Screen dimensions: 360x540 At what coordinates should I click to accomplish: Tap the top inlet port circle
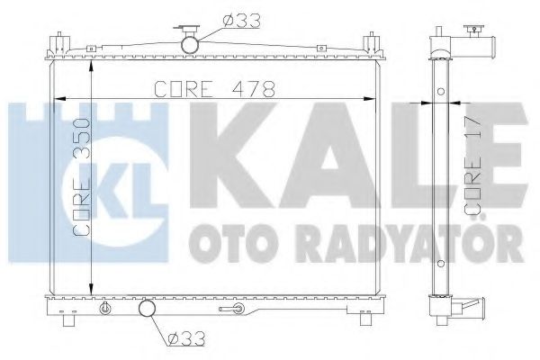pos(191,43)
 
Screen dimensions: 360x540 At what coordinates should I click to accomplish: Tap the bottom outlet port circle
pos(147,311)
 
